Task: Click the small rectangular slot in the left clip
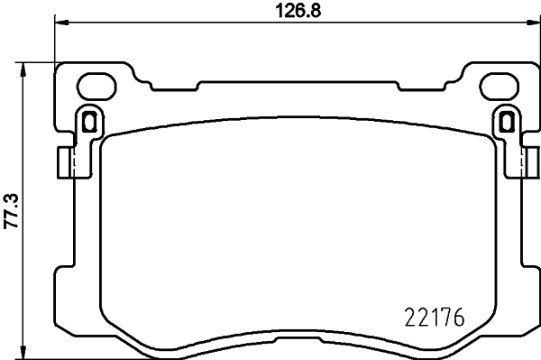click(x=89, y=120)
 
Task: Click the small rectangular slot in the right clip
click(x=506, y=120)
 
